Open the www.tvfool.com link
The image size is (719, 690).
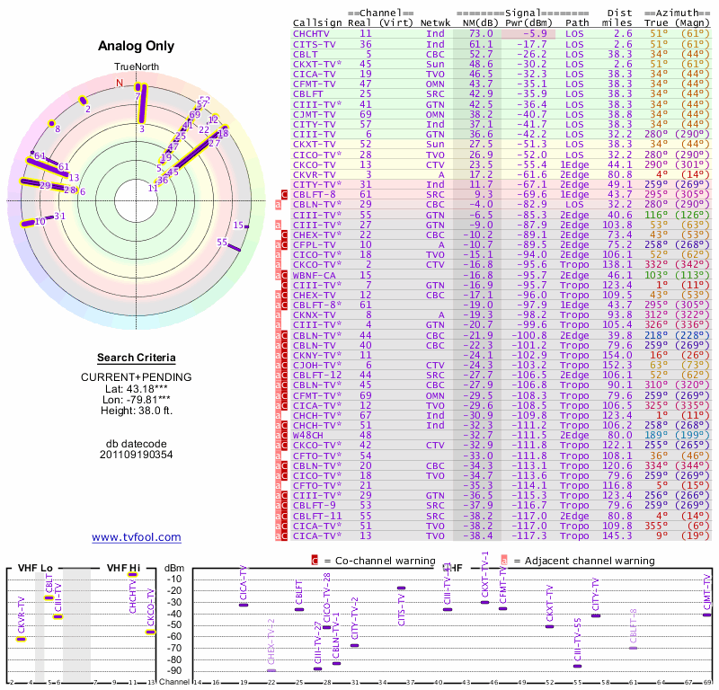(136, 537)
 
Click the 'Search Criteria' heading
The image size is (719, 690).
(136, 358)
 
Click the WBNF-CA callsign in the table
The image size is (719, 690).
(315, 275)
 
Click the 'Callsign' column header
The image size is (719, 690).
(315, 22)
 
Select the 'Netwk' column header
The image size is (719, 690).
(436, 22)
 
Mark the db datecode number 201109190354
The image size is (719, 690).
(136, 455)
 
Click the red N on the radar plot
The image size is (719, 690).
(120, 84)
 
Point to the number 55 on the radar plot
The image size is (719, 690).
(222, 242)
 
